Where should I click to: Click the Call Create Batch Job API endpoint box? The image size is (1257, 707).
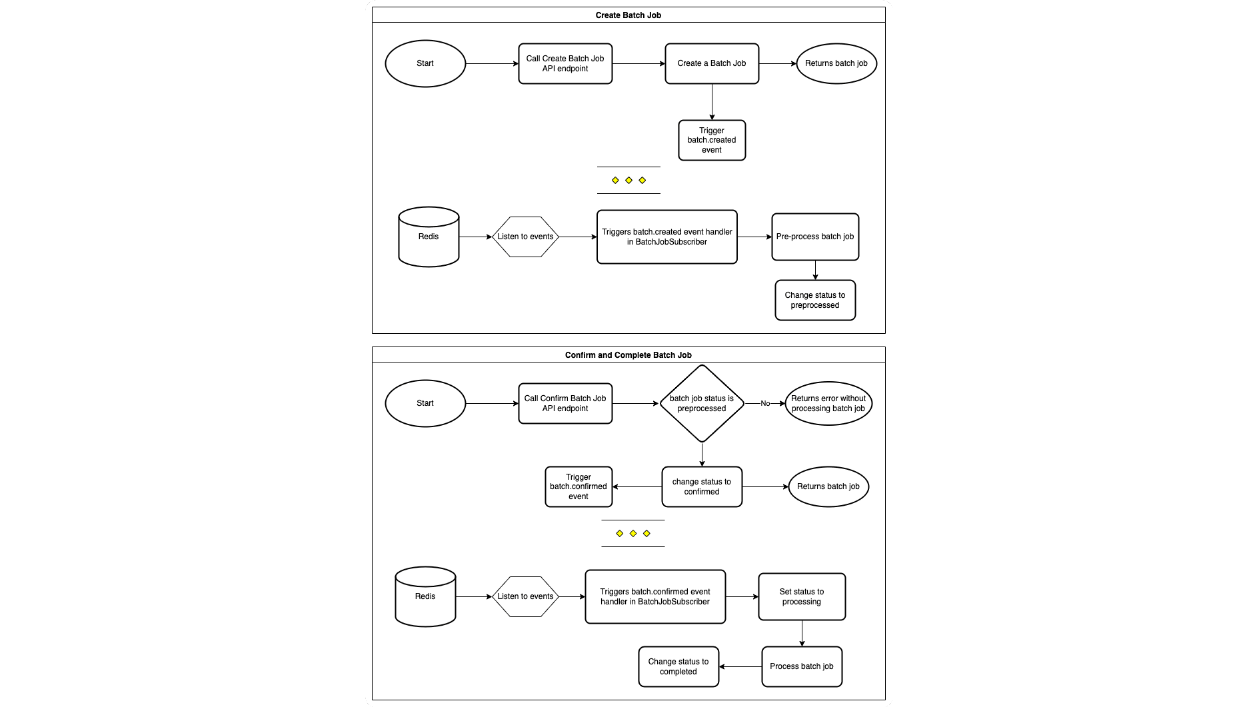(x=565, y=64)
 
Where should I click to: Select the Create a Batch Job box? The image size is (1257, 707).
(x=712, y=64)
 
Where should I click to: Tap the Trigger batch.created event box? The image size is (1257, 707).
(x=712, y=141)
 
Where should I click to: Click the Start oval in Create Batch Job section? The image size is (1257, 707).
(x=425, y=64)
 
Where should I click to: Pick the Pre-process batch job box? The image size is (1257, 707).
(x=815, y=237)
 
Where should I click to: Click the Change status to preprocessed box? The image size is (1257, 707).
(x=815, y=301)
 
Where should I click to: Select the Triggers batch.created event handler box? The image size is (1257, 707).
(x=666, y=237)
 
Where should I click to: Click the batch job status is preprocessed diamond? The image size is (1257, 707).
(x=702, y=403)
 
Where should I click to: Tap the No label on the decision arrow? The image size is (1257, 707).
(x=765, y=404)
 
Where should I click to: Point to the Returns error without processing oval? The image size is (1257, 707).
(x=828, y=404)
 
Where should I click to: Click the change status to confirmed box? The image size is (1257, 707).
(x=702, y=487)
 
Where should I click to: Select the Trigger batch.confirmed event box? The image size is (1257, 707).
(x=579, y=487)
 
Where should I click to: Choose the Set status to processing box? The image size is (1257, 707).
(x=802, y=597)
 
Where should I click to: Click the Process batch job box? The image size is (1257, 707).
(x=802, y=667)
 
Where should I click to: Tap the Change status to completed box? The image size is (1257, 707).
(x=678, y=667)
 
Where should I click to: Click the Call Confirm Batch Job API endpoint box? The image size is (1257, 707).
(x=565, y=404)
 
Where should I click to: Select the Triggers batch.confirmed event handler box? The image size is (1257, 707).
(x=655, y=597)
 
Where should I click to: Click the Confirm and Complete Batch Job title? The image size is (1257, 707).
(x=628, y=355)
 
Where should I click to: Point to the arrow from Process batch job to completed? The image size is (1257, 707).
(x=740, y=667)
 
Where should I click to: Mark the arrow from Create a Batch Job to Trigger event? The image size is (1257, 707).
(x=712, y=102)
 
